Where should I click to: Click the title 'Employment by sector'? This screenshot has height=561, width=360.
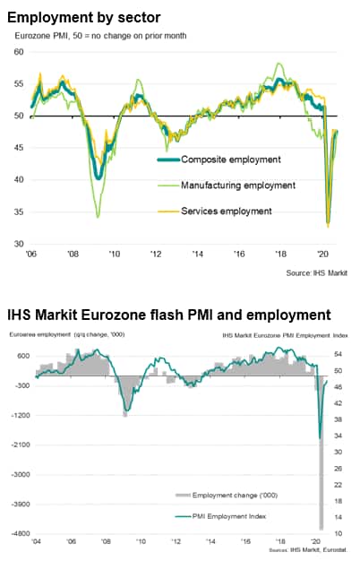click(84, 18)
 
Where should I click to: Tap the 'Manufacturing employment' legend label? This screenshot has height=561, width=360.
click(238, 186)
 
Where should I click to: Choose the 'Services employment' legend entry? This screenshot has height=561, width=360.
click(227, 211)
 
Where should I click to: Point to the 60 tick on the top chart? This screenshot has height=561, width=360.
click(19, 52)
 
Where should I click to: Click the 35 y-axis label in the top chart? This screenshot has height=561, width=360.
click(19, 211)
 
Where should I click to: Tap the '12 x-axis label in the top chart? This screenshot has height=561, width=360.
click(156, 254)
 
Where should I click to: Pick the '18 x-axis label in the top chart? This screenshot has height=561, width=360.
click(280, 254)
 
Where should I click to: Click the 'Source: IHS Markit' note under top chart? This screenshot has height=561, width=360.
click(316, 273)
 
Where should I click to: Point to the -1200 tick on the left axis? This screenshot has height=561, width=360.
click(21, 416)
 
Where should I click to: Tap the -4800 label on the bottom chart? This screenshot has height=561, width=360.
click(21, 534)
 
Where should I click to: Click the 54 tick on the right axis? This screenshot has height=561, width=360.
click(338, 354)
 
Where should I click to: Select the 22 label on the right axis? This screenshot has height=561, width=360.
click(338, 485)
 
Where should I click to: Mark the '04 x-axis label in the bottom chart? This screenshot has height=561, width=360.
click(36, 541)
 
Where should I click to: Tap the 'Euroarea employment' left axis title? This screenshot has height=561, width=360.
click(40, 335)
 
